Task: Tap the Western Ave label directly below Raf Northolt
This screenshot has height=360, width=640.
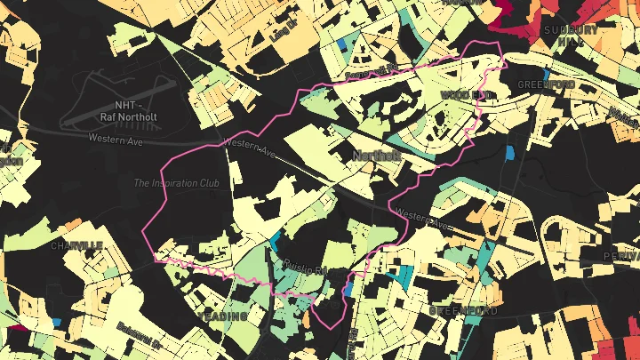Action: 115,138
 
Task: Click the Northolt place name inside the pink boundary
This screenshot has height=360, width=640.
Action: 378,156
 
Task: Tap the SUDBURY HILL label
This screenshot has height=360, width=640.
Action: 570,35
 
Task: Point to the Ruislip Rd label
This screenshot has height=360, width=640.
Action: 304,264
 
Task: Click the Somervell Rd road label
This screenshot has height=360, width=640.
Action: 372,71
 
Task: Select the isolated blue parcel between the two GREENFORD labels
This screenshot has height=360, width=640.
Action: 509,153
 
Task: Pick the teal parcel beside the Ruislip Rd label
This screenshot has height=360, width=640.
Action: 275,241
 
